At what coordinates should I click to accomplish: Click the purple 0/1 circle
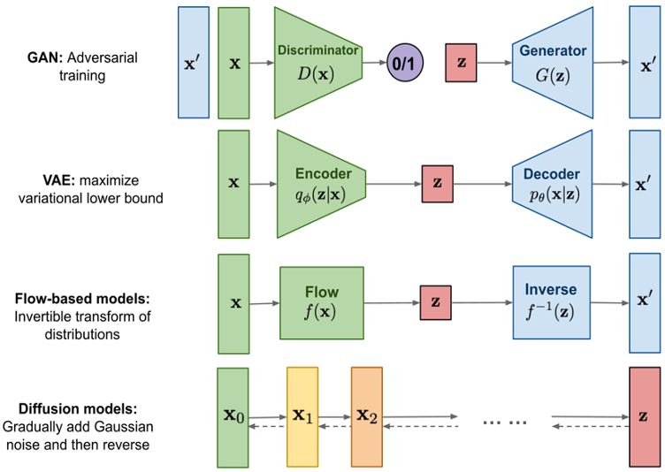tap(406, 64)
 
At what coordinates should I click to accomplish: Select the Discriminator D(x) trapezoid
tap(316, 62)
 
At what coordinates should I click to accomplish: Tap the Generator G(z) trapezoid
tap(554, 62)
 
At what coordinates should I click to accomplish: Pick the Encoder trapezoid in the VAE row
tap(318, 184)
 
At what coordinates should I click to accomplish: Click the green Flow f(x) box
tap(321, 302)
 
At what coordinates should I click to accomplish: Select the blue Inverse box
tap(551, 302)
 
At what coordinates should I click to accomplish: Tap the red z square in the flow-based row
tap(435, 302)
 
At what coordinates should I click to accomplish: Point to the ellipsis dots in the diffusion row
tap(505, 422)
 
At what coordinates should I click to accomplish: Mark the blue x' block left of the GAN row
tap(194, 62)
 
